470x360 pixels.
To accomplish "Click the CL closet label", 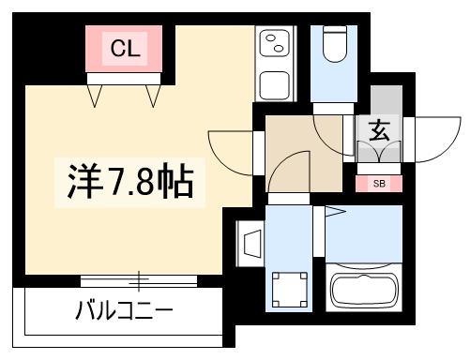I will coord(126,49).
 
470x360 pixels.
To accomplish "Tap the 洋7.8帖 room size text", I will coord(130,182).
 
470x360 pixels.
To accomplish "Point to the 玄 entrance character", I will coord(379,131).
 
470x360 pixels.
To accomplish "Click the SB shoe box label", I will coord(379,184).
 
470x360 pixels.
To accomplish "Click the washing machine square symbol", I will coord(290,287).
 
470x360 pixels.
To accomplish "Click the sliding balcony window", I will coord(139,279).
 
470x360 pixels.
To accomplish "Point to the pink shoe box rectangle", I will coord(379,184).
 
